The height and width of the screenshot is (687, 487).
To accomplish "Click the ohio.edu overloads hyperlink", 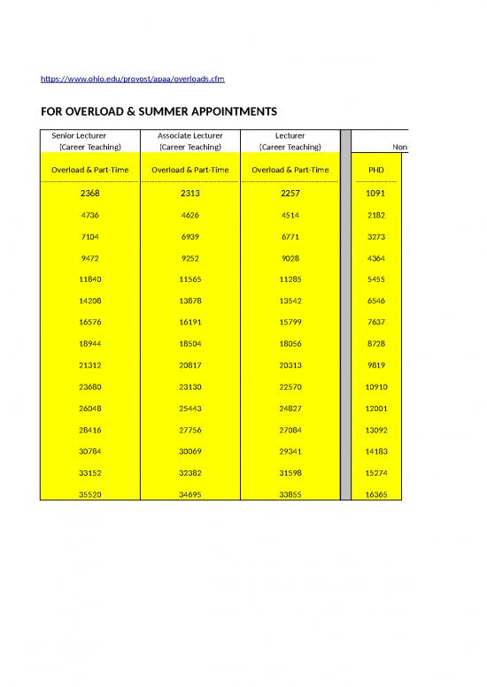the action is click(x=133, y=80).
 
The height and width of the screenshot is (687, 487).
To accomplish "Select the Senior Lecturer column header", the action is click(x=87, y=135).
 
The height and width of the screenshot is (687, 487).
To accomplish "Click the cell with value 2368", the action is click(x=87, y=192).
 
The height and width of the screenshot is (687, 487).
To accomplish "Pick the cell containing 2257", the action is click(x=290, y=192).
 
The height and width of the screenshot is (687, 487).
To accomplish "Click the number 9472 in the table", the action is click(x=87, y=257).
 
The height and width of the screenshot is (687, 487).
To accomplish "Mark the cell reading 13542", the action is click(x=290, y=301).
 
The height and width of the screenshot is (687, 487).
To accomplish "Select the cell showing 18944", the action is click(x=87, y=344).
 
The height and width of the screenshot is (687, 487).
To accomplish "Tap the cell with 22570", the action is click(x=290, y=387).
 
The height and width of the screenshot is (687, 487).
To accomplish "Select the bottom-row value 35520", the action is click(x=87, y=495).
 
